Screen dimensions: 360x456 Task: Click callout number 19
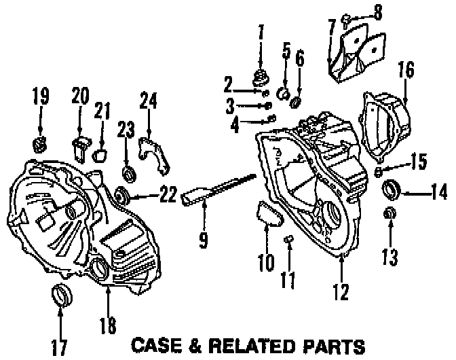(41, 96)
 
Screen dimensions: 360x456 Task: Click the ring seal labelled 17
(60, 296)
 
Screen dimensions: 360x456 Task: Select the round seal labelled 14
(392, 187)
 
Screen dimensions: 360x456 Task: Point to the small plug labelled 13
(389, 214)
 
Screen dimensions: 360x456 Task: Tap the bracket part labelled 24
(155, 154)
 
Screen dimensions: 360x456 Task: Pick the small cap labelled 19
(41, 143)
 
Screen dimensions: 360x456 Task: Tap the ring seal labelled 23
(127, 169)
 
